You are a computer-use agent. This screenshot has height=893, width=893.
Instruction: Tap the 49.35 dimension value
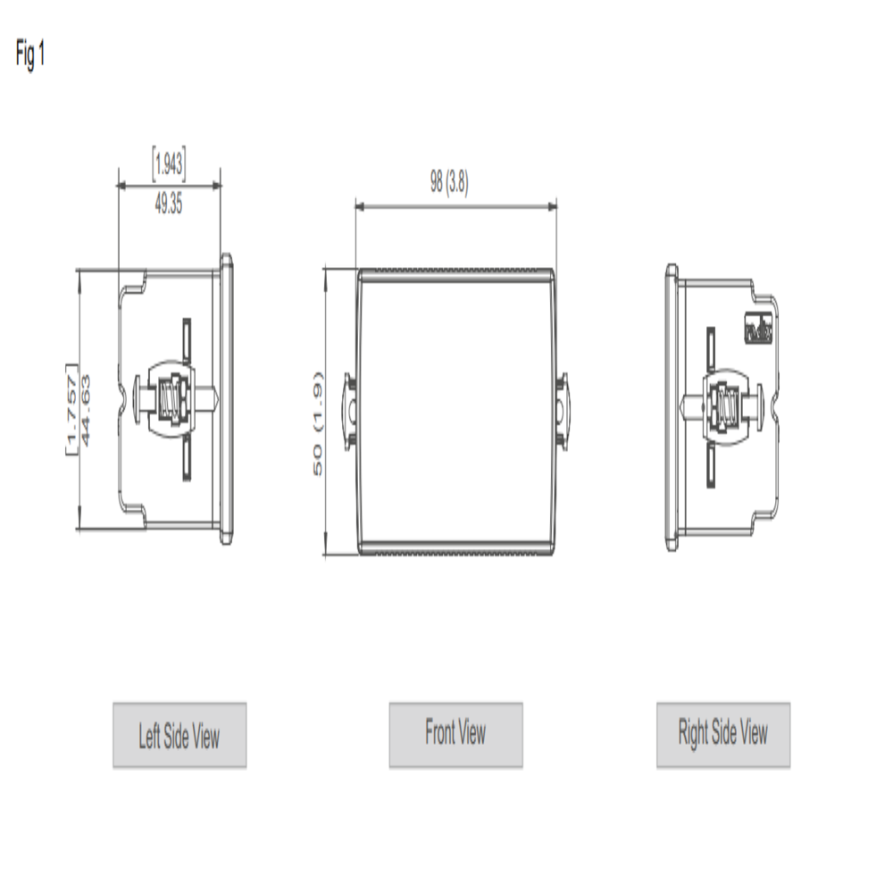(169, 204)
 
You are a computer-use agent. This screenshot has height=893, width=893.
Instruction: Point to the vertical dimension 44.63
(88, 409)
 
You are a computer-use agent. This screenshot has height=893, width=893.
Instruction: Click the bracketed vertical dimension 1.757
(71, 409)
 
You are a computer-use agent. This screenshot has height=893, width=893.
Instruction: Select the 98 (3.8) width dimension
(449, 183)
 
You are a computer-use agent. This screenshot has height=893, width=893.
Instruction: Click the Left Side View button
(179, 735)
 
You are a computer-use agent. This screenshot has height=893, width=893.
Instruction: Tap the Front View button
(455, 734)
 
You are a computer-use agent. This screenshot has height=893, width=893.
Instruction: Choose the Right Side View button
(723, 734)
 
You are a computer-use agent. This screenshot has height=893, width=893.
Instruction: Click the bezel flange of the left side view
(227, 399)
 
